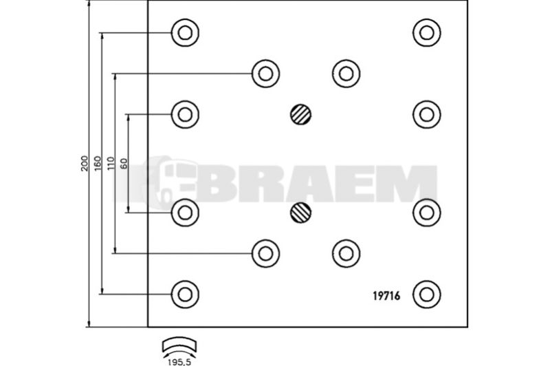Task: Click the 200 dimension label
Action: click(84, 163)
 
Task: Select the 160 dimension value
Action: click(98, 163)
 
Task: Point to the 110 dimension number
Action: click(111, 164)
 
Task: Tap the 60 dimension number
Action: click(124, 164)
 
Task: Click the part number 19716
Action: click(386, 296)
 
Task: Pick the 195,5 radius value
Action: click(179, 362)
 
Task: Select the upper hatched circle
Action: click(301, 114)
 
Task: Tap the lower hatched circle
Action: click(301, 213)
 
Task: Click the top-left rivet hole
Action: click(185, 32)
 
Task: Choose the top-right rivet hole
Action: click(426, 32)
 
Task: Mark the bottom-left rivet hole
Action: click(185, 294)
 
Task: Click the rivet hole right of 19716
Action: click(426, 294)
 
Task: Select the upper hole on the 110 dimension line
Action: click(265, 74)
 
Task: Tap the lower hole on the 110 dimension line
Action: click(265, 253)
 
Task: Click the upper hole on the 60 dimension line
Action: click(185, 114)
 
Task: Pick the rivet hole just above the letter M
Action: click(426, 114)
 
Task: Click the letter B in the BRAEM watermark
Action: click(214, 184)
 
